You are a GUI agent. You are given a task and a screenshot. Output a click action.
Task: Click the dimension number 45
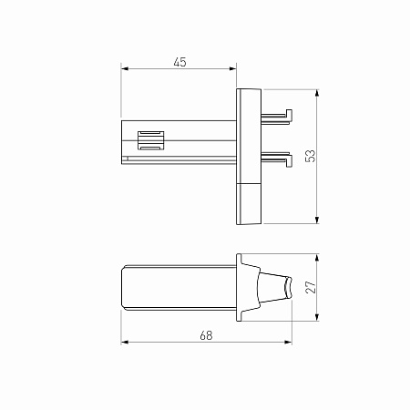[179, 62]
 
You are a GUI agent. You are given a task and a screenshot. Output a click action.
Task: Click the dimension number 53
[310, 155]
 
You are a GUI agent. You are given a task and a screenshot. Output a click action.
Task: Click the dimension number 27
[310, 287]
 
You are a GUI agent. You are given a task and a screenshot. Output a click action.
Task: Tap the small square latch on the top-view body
[151, 141]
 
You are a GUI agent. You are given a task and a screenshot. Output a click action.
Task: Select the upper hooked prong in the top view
[277, 115]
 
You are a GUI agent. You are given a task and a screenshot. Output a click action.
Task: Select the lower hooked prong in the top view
[277, 159]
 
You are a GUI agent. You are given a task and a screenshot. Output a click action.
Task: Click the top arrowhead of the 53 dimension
[317, 93]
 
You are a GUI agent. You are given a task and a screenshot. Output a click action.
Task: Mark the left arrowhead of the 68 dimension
[126, 343]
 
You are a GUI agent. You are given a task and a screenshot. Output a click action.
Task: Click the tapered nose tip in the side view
[287, 288]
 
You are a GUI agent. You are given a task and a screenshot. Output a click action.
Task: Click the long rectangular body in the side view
[179, 288]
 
